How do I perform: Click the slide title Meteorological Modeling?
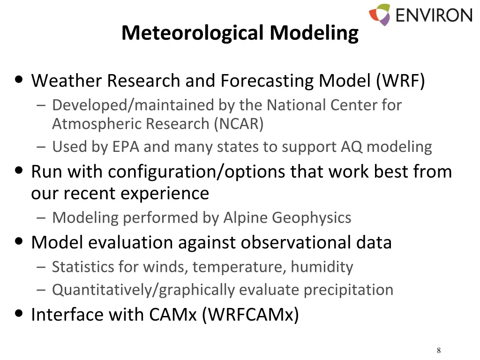coord(240,33)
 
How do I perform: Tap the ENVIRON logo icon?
coord(379,15)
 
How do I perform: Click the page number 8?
coord(439,351)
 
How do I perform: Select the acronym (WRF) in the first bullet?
coord(400,81)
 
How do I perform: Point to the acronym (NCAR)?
coord(239,124)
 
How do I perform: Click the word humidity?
coord(322,267)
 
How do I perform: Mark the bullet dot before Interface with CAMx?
coord(19,313)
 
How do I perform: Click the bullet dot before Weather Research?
coord(19,79)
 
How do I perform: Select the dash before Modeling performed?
coord(41,218)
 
